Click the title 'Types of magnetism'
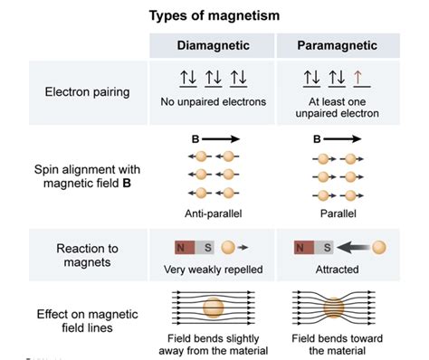tap(214, 15)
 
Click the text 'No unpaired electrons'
tap(214, 102)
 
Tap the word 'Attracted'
tap(338, 269)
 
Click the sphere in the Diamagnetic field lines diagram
tap(214, 308)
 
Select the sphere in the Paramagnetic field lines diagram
tap(337, 309)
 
